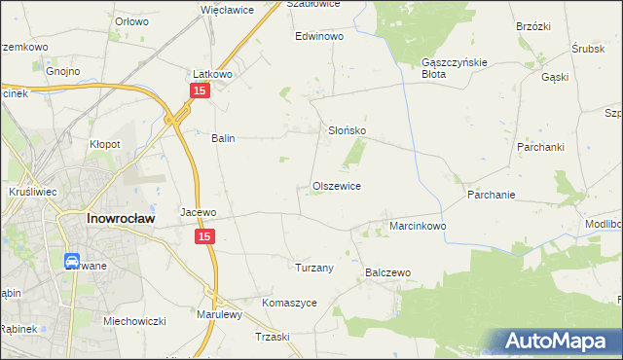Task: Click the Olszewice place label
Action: (x=337, y=186)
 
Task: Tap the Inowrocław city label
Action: (x=118, y=219)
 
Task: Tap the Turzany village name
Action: (x=314, y=268)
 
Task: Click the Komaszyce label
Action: (x=289, y=303)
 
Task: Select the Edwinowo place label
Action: (x=320, y=36)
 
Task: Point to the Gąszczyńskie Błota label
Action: (x=447, y=67)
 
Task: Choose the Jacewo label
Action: (x=199, y=211)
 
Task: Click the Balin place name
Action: (x=224, y=138)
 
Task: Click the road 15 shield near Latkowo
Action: (x=200, y=90)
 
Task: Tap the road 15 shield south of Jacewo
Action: (x=204, y=236)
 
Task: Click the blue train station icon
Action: (x=72, y=261)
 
